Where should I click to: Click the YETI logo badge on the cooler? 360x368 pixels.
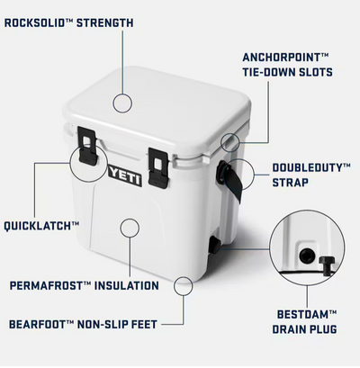point(125,175)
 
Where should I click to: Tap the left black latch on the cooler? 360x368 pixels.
point(87,146)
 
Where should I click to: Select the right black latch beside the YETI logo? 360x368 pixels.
point(158,168)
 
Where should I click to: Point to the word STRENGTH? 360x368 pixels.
point(105,23)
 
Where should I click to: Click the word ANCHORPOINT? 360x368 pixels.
point(282,58)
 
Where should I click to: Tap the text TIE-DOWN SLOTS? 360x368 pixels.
point(288,72)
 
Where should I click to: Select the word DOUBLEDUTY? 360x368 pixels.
point(308,167)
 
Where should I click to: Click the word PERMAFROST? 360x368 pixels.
point(47,285)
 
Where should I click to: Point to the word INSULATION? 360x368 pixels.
point(127,285)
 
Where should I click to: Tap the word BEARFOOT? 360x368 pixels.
point(38,325)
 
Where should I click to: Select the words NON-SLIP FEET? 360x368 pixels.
point(117,325)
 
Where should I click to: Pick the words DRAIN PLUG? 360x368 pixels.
point(304,329)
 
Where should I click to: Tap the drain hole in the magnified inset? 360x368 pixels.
point(307,256)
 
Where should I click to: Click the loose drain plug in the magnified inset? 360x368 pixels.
point(325,265)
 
